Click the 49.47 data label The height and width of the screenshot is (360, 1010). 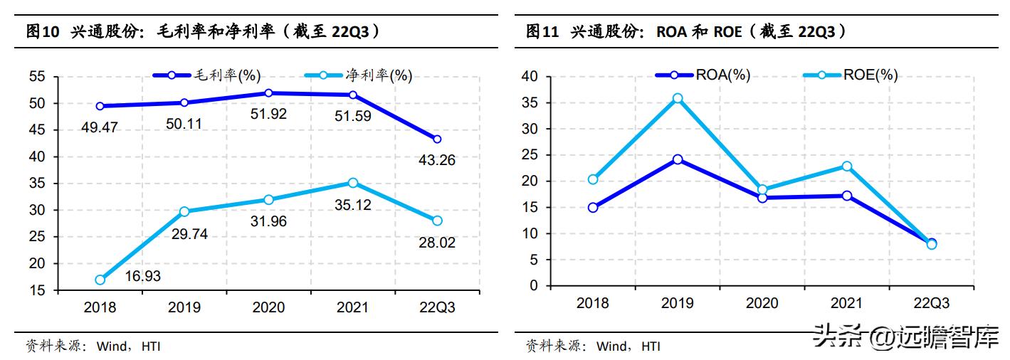[99, 127]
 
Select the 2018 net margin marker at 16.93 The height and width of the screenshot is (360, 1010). [100, 280]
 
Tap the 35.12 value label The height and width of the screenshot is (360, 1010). [353, 206]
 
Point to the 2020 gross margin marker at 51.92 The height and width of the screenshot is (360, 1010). [268, 92]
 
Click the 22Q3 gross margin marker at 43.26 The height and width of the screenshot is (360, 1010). [437, 139]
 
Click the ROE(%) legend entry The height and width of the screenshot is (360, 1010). [851, 75]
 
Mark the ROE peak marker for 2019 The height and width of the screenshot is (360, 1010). [678, 98]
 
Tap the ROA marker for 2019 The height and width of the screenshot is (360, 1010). [678, 159]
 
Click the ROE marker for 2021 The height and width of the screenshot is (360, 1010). [847, 166]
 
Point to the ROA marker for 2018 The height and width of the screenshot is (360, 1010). [593, 208]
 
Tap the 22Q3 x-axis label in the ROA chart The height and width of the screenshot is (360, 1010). [931, 304]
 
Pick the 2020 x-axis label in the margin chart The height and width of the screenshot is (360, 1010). [268, 307]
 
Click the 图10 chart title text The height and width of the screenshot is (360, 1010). [203, 31]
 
